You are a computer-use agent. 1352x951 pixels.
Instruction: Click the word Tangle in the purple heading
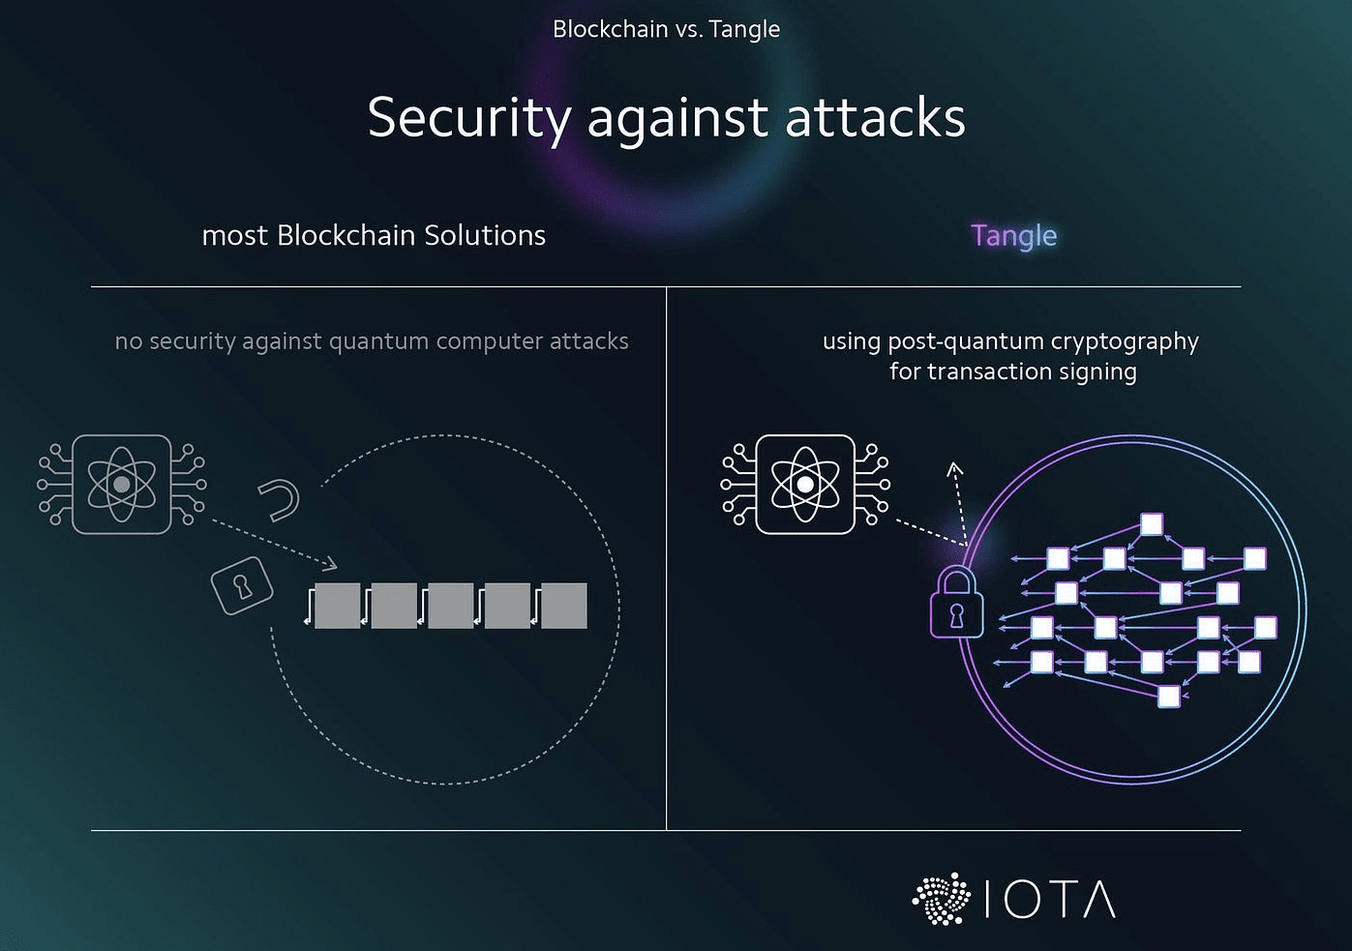(x=1013, y=236)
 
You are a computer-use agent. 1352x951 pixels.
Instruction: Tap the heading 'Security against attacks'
(x=666, y=118)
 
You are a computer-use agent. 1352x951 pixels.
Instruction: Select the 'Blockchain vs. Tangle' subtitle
(x=666, y=29)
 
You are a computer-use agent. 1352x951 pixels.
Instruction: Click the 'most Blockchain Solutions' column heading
(x=374, y=236)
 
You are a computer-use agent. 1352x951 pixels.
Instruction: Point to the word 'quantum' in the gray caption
(x=379, y=342)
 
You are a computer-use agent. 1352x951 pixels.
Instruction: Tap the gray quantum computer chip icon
(x=122, y=484)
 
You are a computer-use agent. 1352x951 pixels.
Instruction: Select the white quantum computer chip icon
(x=805, y=484)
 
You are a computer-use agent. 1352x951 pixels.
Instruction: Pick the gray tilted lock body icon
(x=242, y=585)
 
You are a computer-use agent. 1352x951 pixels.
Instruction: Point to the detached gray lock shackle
(x=280, y=499)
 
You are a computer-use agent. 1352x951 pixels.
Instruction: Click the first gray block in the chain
(x=338, y=606)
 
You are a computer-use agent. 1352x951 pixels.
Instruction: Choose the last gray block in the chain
(x=564, y=606)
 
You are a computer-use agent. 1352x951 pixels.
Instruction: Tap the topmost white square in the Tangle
(x=1151, y=524)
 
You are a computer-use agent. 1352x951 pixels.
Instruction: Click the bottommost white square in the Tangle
(x=1169, y=696)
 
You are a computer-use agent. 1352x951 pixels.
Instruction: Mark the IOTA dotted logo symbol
(x=942, y=899)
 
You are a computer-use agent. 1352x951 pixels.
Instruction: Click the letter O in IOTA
(x=1022, y=900)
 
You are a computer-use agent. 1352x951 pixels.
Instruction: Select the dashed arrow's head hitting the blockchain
(x=331, y=563)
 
